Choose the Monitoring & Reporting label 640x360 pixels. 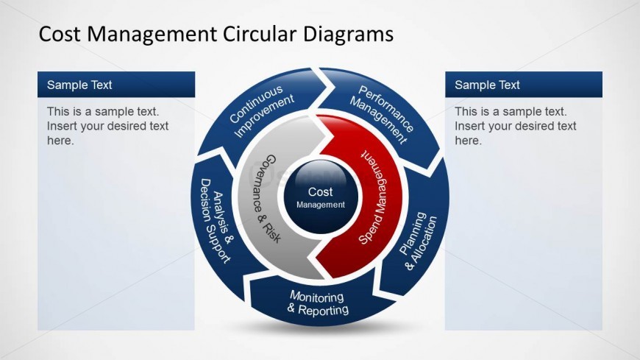[317, 303]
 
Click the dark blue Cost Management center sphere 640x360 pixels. [321, 195]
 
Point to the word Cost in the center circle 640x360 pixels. [320, 192]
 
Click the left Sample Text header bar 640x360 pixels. [116, 85]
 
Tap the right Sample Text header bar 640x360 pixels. [524, 85]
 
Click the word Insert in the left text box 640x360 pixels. [62, 126]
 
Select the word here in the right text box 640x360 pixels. [468, 141]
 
